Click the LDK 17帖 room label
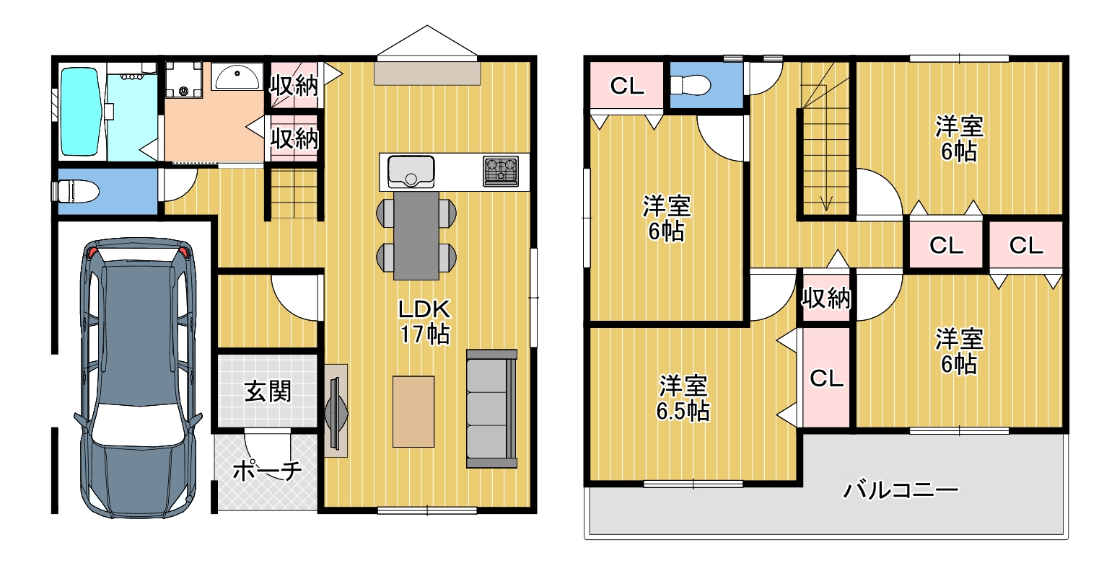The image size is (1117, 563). pos(424,322)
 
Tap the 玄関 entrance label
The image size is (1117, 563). pos(268,391)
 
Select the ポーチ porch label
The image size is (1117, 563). pos(267,470)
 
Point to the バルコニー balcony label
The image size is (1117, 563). pos(901,490)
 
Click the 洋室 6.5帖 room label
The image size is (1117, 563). pos(683,398)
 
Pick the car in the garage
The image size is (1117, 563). pos(139,377)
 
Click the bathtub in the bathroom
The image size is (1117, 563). pos(80,112)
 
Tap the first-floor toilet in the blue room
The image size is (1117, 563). pos(75,191)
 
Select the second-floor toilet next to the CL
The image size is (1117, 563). pos(690,84)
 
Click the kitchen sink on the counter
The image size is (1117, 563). pos(411,172)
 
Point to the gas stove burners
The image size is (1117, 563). pos(501,171)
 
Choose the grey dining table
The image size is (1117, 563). pos(416,236)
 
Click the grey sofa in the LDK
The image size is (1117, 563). pos(491,409)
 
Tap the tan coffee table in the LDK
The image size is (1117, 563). pos(413,412)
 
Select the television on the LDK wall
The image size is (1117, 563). pos(336,412)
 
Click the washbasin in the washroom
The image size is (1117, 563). pos(237,76)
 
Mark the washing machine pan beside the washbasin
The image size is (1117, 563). pos(183,79)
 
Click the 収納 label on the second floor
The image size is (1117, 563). pos(825,298)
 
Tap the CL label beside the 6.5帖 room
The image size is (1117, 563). pos(826,378)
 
